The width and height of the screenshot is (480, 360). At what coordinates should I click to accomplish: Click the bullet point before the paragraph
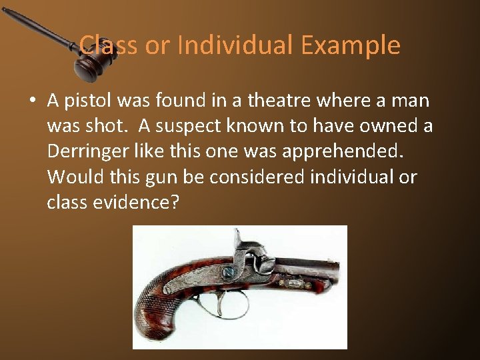[32, 101]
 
